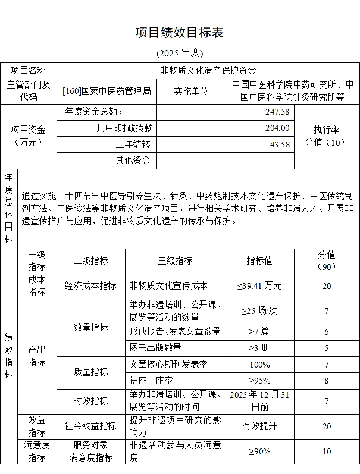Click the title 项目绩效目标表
point(180,32)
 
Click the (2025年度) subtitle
point(180,53)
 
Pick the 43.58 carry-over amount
point(280,144)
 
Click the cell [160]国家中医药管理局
point(107,92)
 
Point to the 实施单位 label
point(191,92)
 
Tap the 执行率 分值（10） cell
point(326,136)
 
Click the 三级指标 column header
point(175,260)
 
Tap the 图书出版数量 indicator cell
point(155,347)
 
